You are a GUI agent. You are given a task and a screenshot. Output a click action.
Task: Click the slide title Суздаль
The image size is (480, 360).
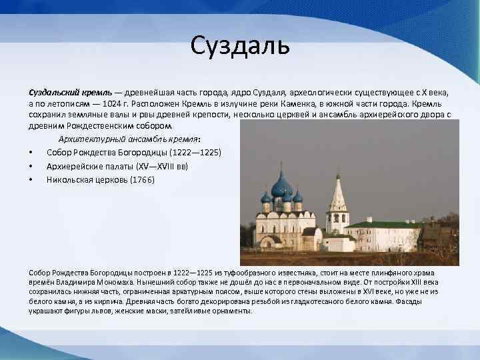point(240,46)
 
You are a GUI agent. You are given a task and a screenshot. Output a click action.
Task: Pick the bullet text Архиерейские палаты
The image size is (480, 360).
point(88,166)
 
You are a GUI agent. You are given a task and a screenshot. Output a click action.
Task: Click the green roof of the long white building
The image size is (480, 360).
point(383,224)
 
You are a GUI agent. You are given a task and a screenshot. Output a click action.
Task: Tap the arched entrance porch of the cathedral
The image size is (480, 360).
point(270,241)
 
